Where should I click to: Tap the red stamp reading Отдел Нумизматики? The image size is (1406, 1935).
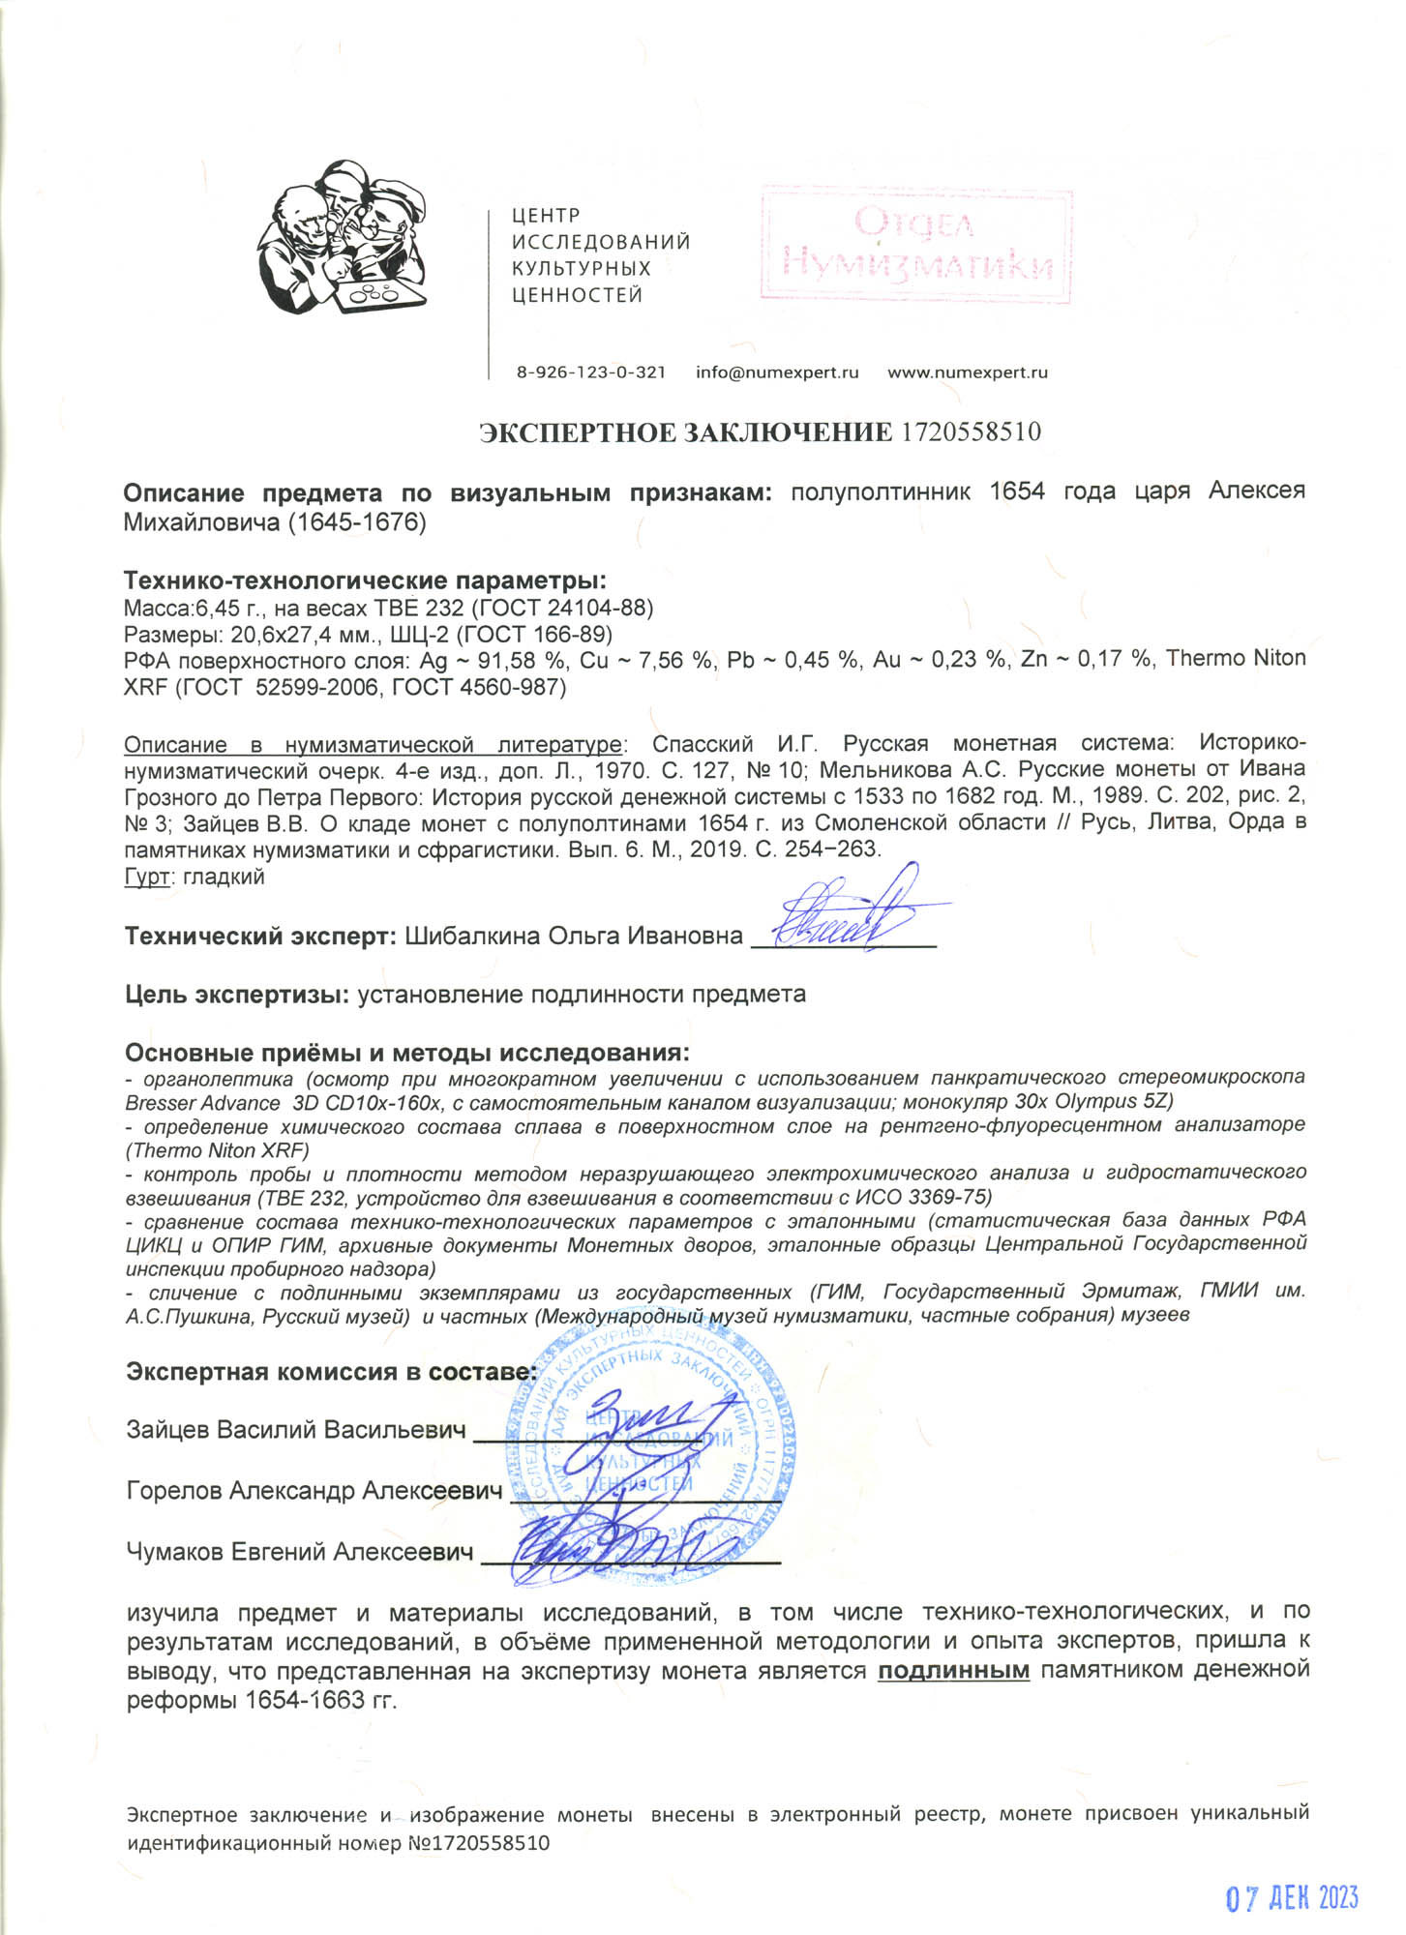tap(915, 245)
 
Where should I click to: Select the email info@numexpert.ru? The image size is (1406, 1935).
tap(777, 372)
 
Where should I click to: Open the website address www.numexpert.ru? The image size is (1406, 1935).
tap(967, 372)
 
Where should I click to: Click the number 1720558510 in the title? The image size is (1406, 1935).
tap(971, 432)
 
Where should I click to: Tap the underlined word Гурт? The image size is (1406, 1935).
tap(148, 878)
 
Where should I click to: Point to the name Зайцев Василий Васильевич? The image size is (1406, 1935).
tap(296, 1430)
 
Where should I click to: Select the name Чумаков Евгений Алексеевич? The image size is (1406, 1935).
tap(300, 1552)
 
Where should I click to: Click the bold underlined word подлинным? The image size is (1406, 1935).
tap(953, 1670)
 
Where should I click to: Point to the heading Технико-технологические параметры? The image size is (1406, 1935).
tap(365, 580)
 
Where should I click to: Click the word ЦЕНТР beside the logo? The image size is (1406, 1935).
tap(546, 216)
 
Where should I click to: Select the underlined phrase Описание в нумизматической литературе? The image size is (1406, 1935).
tap(373, 744)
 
